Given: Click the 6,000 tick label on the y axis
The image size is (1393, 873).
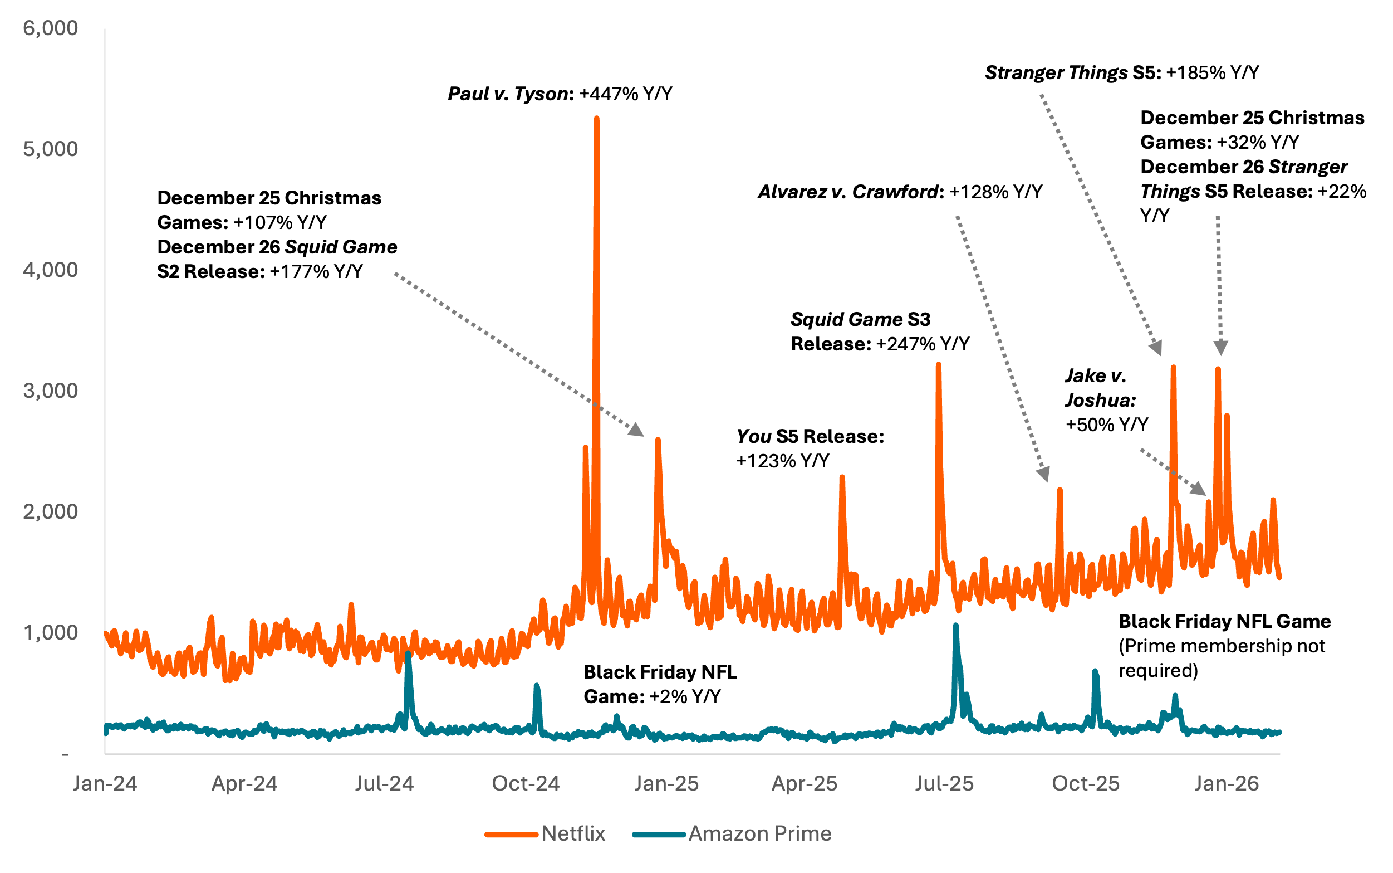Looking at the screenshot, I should (x=50, y=28).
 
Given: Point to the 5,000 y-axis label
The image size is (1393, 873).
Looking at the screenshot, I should (x=50, y=149).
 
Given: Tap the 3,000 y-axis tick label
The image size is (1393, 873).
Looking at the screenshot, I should (x=50, y=392).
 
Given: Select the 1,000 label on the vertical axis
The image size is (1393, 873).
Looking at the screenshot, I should (x=50, y=633).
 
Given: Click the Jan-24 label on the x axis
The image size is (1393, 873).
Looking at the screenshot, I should (x=105, y=784).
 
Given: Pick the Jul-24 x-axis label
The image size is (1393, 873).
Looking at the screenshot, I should (x=384, y=784).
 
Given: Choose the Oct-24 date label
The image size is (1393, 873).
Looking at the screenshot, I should (x=526, y=784).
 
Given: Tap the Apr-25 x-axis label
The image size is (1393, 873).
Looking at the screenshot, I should (x=805, y=784).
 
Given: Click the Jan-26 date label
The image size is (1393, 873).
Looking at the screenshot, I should (x=1226, y=784).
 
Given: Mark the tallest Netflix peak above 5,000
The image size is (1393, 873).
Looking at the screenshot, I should (x=596, y=118).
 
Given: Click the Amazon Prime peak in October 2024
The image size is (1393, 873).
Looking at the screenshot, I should (x=537, y=686).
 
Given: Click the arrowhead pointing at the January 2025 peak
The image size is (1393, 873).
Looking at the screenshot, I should (x=636, y=430).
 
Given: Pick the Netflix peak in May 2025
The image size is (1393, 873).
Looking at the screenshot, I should (x=842, y=477).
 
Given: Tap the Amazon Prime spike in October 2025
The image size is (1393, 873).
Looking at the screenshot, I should (x=1095, y=671).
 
